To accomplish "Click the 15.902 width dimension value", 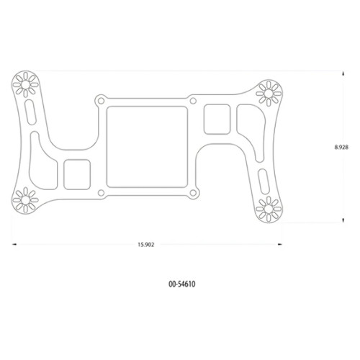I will pos(145,244).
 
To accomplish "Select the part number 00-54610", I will pos(181,284).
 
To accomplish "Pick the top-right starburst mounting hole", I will pos(269,92).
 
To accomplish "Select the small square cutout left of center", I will pos(77,172).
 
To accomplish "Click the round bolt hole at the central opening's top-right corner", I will pos(193,100).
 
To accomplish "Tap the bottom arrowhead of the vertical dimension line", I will pos(341,222).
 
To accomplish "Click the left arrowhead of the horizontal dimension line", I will pos(14,244).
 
